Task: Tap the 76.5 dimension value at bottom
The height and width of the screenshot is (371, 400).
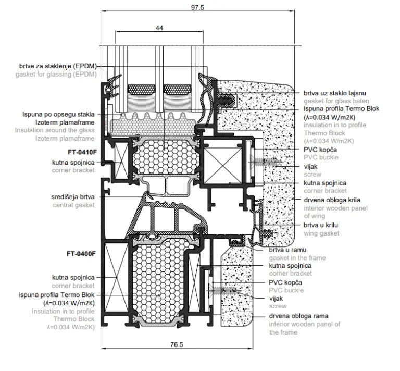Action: pos(177,344)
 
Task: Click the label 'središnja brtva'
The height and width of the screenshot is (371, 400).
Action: pos(73,197)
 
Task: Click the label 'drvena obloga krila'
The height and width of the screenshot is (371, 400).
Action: pos(332,200)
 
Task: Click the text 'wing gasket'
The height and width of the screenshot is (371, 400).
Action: pos(321,233)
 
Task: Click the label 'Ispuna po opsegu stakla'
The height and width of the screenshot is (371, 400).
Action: pos(58,114)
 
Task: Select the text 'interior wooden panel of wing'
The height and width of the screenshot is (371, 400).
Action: pos(331,212)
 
